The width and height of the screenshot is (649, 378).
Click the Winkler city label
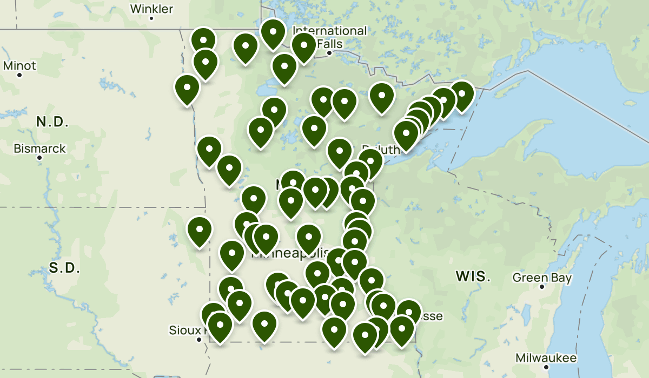point(152,9)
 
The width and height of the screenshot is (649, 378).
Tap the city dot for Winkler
point(152,18)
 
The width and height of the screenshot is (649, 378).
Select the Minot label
point(19,66)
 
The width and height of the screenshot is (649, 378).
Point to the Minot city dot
point(19,75)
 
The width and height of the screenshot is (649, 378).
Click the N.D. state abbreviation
point(52,122)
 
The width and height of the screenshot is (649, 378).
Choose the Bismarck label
point(39,148)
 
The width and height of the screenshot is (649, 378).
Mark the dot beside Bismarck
point(39,158)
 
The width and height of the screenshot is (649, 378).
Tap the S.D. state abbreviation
point(64,267)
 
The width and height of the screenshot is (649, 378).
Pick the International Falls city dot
point(329,53)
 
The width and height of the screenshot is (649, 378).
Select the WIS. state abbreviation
point(473,278)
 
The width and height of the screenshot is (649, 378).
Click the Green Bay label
point(542,278)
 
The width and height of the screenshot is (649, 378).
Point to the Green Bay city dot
point(542,287)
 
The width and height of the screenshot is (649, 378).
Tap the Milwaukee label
point(546,358)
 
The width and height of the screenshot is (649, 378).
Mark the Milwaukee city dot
point(546,367)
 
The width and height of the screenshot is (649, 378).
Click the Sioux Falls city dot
point(199,340)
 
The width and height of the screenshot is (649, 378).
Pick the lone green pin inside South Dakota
point(199,230)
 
